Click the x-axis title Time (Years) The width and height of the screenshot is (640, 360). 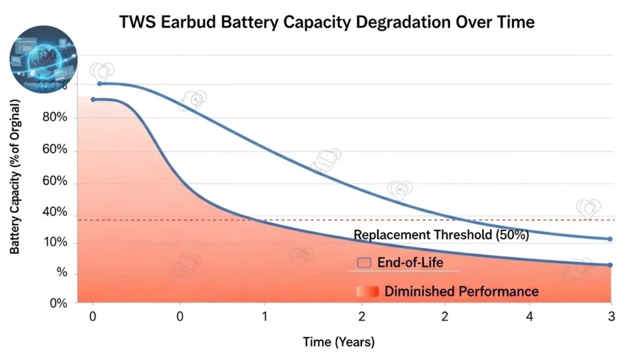(339, 342)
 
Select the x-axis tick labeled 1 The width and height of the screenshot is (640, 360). (264, 317)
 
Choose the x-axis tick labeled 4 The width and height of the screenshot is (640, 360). (530, 317)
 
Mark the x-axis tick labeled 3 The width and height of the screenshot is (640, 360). (611, 317)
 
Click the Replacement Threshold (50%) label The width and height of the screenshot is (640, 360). (441, 236)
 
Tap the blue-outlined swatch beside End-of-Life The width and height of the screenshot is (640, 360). (365, 262)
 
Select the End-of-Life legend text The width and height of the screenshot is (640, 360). (410, 262)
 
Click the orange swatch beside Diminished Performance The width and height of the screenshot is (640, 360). (367, 291)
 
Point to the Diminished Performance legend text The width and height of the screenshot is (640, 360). (461, 291)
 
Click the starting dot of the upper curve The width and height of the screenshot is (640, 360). (99, 84)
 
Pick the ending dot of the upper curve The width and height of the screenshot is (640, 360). (610, 239)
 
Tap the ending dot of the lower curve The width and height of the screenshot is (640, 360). (610, 265)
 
